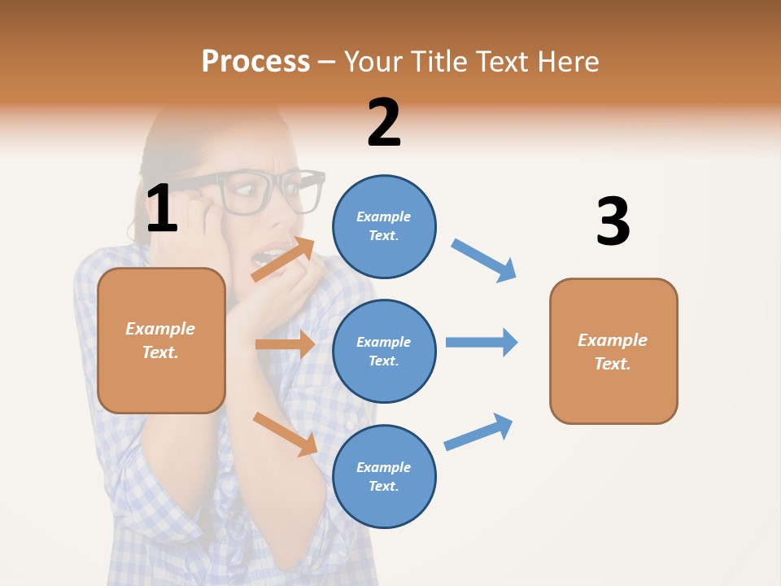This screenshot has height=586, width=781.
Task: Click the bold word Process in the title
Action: pos(255,61)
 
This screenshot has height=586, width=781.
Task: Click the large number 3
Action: pos(613,221)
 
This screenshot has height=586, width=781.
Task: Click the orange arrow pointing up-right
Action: pos(283,260)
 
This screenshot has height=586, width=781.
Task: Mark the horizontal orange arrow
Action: pos(285,344)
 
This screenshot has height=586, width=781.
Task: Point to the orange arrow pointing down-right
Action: pos(285,433)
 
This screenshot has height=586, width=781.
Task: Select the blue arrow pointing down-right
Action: pos(484,260)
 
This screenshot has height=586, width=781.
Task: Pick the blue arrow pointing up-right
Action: pos(478,431)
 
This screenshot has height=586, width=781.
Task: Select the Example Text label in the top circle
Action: pos(384,225)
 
